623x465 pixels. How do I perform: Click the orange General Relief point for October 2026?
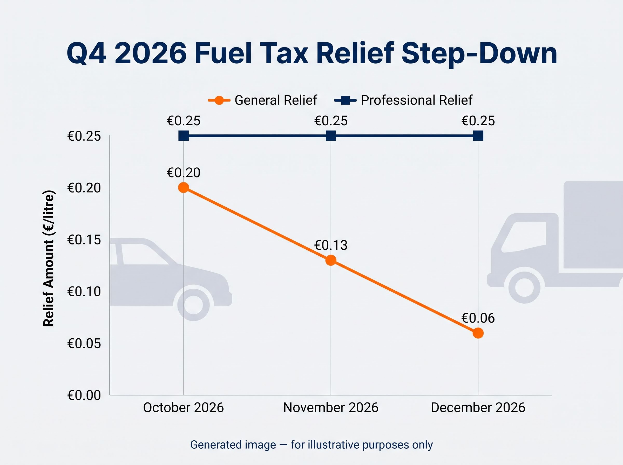click(x=184, y=187)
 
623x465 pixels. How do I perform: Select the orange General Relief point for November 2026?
click(x=331, y=260)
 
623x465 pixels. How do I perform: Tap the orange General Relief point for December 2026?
click(x=478, y=333)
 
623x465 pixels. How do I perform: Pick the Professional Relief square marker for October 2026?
click(x=184, y=136)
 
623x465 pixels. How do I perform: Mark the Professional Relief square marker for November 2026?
click(x=331, y=136)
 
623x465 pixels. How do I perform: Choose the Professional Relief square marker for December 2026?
click(x=478, y=136)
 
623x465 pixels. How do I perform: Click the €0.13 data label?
click(x=331, y=245)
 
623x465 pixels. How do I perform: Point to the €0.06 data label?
click(x=478, y=318)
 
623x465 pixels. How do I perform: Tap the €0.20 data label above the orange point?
click(x=184, y=173)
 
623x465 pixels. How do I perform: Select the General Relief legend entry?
click(x=262, y=100)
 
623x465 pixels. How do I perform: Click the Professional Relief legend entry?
click(x=403, y=100)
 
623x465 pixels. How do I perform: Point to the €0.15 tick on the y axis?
click(x=84, y=240)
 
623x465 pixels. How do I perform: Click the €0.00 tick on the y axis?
click(x=84, y=395)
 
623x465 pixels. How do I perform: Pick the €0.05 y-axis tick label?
click(x=84, y=343)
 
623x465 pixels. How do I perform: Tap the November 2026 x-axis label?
click(x=331, y=408)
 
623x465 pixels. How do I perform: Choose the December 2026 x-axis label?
click(x=478, y=408)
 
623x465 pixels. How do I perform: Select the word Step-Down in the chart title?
click(x=479, y=53)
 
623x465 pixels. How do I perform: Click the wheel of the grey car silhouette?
click(x=193, y=305)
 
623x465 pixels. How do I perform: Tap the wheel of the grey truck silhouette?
click(x=524, y=288)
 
